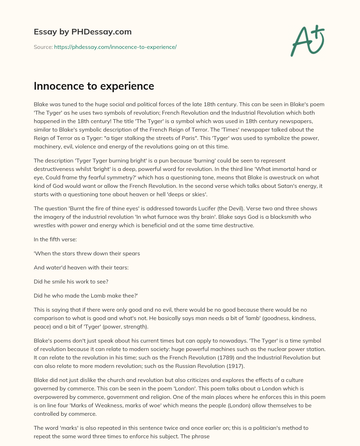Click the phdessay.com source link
(x=115, y=47)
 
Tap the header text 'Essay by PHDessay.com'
(x=83, y=32)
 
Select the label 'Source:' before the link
(x=43, y=47)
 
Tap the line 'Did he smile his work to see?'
(x=70, y=281)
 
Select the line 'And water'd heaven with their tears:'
(x=81, y=267)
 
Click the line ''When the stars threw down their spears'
(x=87, y=253)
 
